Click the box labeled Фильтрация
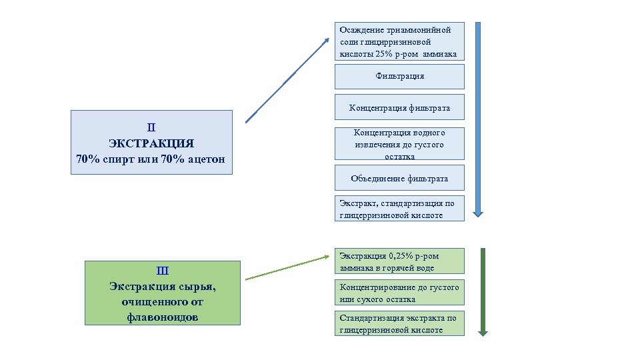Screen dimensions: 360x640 (x=399, y=77)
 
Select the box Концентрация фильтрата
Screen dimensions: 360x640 (x=399, y=108)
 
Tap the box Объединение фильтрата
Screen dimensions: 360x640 (x=399, y=178)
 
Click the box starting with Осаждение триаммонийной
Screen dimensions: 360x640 (x=399, y=42)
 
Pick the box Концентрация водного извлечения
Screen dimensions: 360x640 (x=399, y=144)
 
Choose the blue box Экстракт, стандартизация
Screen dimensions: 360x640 (x=399, y=209)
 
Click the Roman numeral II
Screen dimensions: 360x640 (x=151, y=127)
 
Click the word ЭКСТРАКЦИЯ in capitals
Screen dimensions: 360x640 (x=151, y=143)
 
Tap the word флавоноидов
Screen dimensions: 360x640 (x=162, y=317)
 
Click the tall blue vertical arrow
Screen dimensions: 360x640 (x=477, y=119)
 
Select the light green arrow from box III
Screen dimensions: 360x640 (x=287, y=265)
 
